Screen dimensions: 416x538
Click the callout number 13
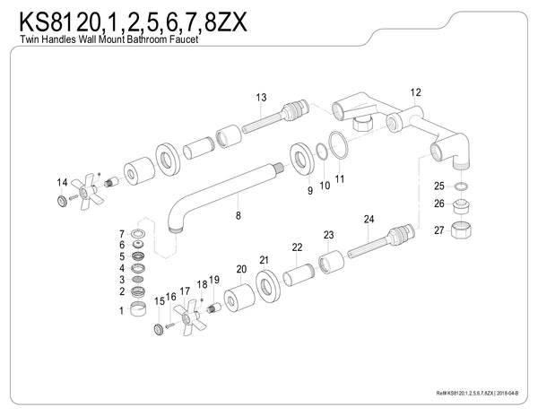pos(261,97)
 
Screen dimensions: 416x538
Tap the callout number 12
pos(414,92)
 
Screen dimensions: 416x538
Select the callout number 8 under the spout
pos(238,215)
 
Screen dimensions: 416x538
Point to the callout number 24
pos(369,219)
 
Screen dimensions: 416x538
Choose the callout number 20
pos(240,269)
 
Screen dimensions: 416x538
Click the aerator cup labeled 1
pos(139,310)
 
